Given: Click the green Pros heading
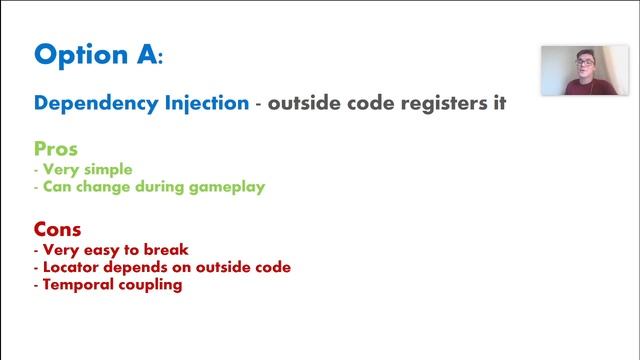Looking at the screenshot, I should [x=56, y=149].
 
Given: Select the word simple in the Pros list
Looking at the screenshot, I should [x=108, y=169].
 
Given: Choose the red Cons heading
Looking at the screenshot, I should [x=58, y=228].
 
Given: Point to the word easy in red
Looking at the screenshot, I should [x=103, y=249].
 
